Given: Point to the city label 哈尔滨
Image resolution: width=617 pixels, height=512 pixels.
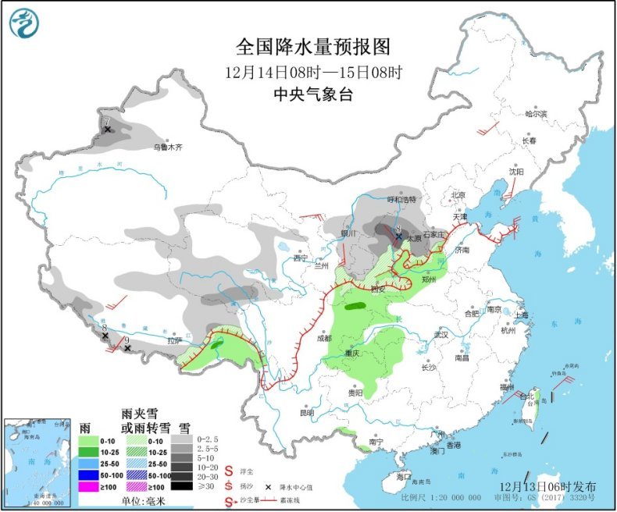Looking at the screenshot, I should click(536, 114).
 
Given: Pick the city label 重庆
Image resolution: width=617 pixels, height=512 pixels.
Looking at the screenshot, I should click(353, 353).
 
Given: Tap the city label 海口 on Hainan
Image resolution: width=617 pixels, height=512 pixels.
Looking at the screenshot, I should click(403, 475).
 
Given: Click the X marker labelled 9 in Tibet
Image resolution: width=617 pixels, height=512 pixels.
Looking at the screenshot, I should click(127, 348).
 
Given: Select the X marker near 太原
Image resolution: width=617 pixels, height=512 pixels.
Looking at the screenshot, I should click(398, 236).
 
